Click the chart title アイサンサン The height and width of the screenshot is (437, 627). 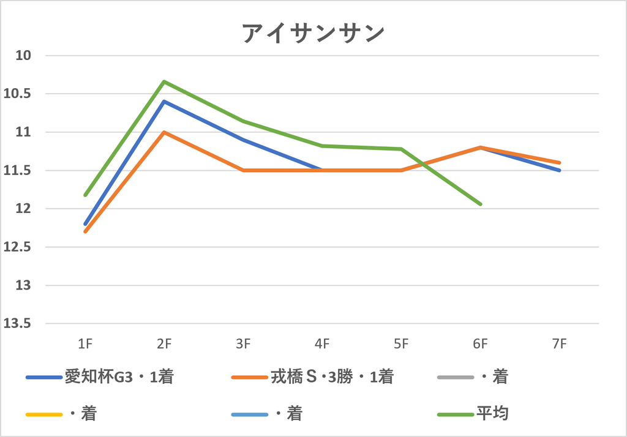[x=313, y=33]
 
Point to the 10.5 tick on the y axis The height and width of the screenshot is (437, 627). [x=17, y=94]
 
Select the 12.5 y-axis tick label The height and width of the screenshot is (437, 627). [x=17, y=247]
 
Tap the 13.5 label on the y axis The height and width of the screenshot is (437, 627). [x=17, y=323]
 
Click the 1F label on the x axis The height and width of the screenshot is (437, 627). [x=85, y=343]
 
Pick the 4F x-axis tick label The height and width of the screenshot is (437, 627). [x=322, y=343]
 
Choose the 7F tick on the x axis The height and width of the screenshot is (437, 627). [x=560, y=343]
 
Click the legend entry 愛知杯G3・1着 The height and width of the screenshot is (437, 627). [x=100, y=376]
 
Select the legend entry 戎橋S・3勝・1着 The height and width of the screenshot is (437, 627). [x=313, y=376]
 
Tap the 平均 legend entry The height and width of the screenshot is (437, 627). [x=473, y=413]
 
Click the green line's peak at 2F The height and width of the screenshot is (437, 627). [x=164, y=81]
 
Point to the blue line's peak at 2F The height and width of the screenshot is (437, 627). [x=164, y=101]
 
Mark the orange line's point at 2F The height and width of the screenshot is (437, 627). [x=164, y=132]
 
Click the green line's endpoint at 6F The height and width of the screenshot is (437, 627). [x=480, y=204]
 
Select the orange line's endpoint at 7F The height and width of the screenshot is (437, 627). [x=560, y=163]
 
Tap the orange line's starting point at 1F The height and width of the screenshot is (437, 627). [x=85, y=231]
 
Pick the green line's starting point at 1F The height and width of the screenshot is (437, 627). [x=85, y=195]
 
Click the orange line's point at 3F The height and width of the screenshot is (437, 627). [x=243, y=170]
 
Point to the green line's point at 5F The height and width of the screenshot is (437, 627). [x=401, y=149]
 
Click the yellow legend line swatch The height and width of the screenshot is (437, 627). [x=44, y=414]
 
